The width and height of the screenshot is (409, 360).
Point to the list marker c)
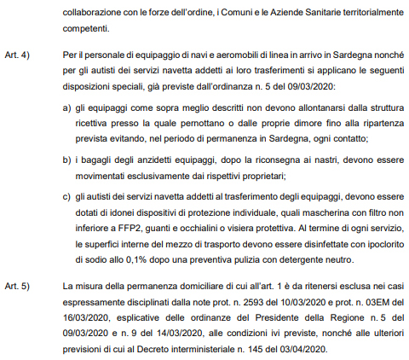pos(68,199)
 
